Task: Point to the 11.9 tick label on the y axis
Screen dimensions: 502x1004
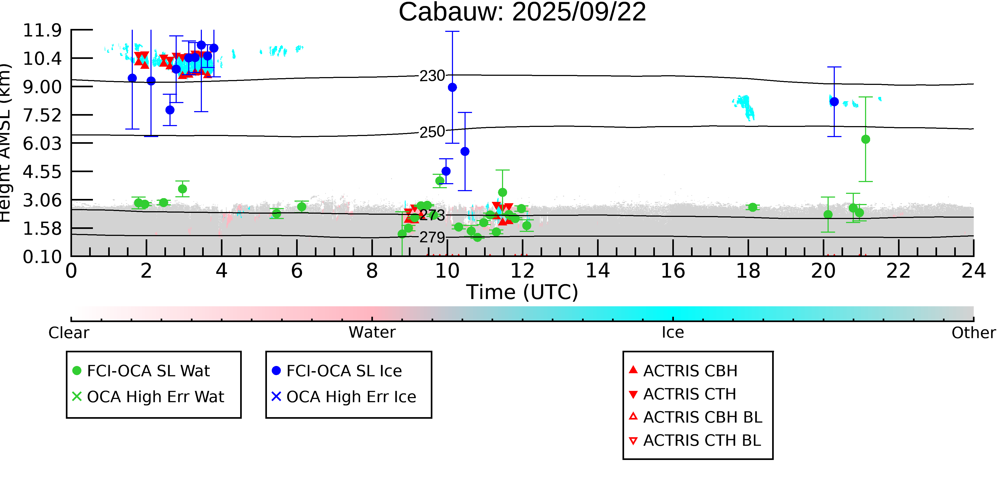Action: coord(42,31)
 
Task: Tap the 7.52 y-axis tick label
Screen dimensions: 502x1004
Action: coord(42,115)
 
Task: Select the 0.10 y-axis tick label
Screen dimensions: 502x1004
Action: coord(42,257)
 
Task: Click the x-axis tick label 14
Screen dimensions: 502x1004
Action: coord(598,271)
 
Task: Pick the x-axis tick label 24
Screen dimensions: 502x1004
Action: coord(973,271)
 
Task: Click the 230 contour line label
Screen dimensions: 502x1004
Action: coord(432,76)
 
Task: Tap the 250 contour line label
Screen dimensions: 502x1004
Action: coord(432,132)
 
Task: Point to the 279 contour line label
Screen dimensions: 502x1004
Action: coord(432,237)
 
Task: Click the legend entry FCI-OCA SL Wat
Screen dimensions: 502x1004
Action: coord(148,371)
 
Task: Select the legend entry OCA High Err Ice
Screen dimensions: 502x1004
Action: coord(351,397)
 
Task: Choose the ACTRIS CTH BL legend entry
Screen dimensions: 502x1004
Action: coord(701,440)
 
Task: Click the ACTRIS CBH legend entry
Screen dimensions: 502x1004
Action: coord(690,371)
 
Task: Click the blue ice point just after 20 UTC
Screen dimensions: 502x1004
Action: coord(834,102)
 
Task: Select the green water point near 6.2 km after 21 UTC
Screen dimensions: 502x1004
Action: coord(866,139)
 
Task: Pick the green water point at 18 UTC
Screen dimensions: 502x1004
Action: coord(753,207)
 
